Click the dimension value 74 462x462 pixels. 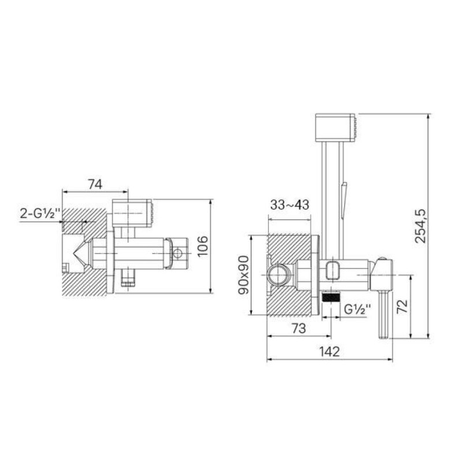click(x=95, y=184)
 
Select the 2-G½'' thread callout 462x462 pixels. click(x=40, y=213)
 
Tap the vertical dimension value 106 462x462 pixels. click(x=203, y=247)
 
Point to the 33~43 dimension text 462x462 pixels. click(x=290, y=204)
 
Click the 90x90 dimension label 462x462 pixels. click(x=244, y=275)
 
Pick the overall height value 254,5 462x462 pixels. click(x=420, y=226)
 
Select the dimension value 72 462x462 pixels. click(x=403, y=307)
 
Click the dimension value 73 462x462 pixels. click(x=299, y=328)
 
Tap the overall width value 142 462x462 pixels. click(x=329, y=352)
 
